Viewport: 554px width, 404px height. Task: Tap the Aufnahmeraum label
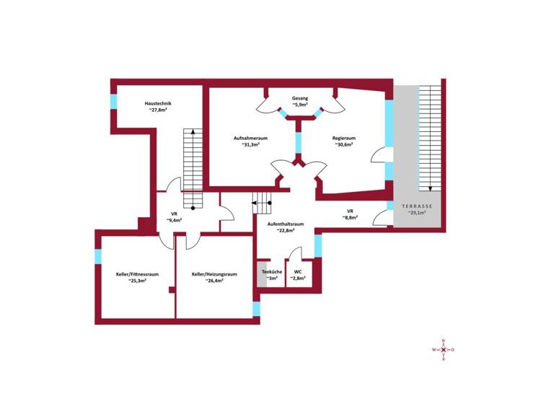point(251,138)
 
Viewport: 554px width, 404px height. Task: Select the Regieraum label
point(344,138)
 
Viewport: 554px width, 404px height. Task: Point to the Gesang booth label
point(300,98)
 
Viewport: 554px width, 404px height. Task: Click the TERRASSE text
point(417,206)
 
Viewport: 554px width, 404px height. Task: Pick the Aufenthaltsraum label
point(285,224)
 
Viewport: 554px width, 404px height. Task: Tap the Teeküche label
point(271,271)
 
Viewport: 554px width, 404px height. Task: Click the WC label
point(298,271)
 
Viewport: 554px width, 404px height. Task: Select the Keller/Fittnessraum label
point(137,274)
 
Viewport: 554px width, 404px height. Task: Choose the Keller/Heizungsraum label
point(214,274)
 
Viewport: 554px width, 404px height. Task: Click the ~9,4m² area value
point(174,221)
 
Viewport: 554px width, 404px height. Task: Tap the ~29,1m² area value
point(417,214)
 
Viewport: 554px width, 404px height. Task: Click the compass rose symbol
point(443,350)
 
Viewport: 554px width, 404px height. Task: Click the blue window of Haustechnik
point(113,102)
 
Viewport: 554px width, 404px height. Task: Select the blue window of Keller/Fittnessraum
point(98,255)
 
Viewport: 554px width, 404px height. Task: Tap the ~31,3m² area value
point(251,145)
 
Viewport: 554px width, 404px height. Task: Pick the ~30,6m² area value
point(344,145)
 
